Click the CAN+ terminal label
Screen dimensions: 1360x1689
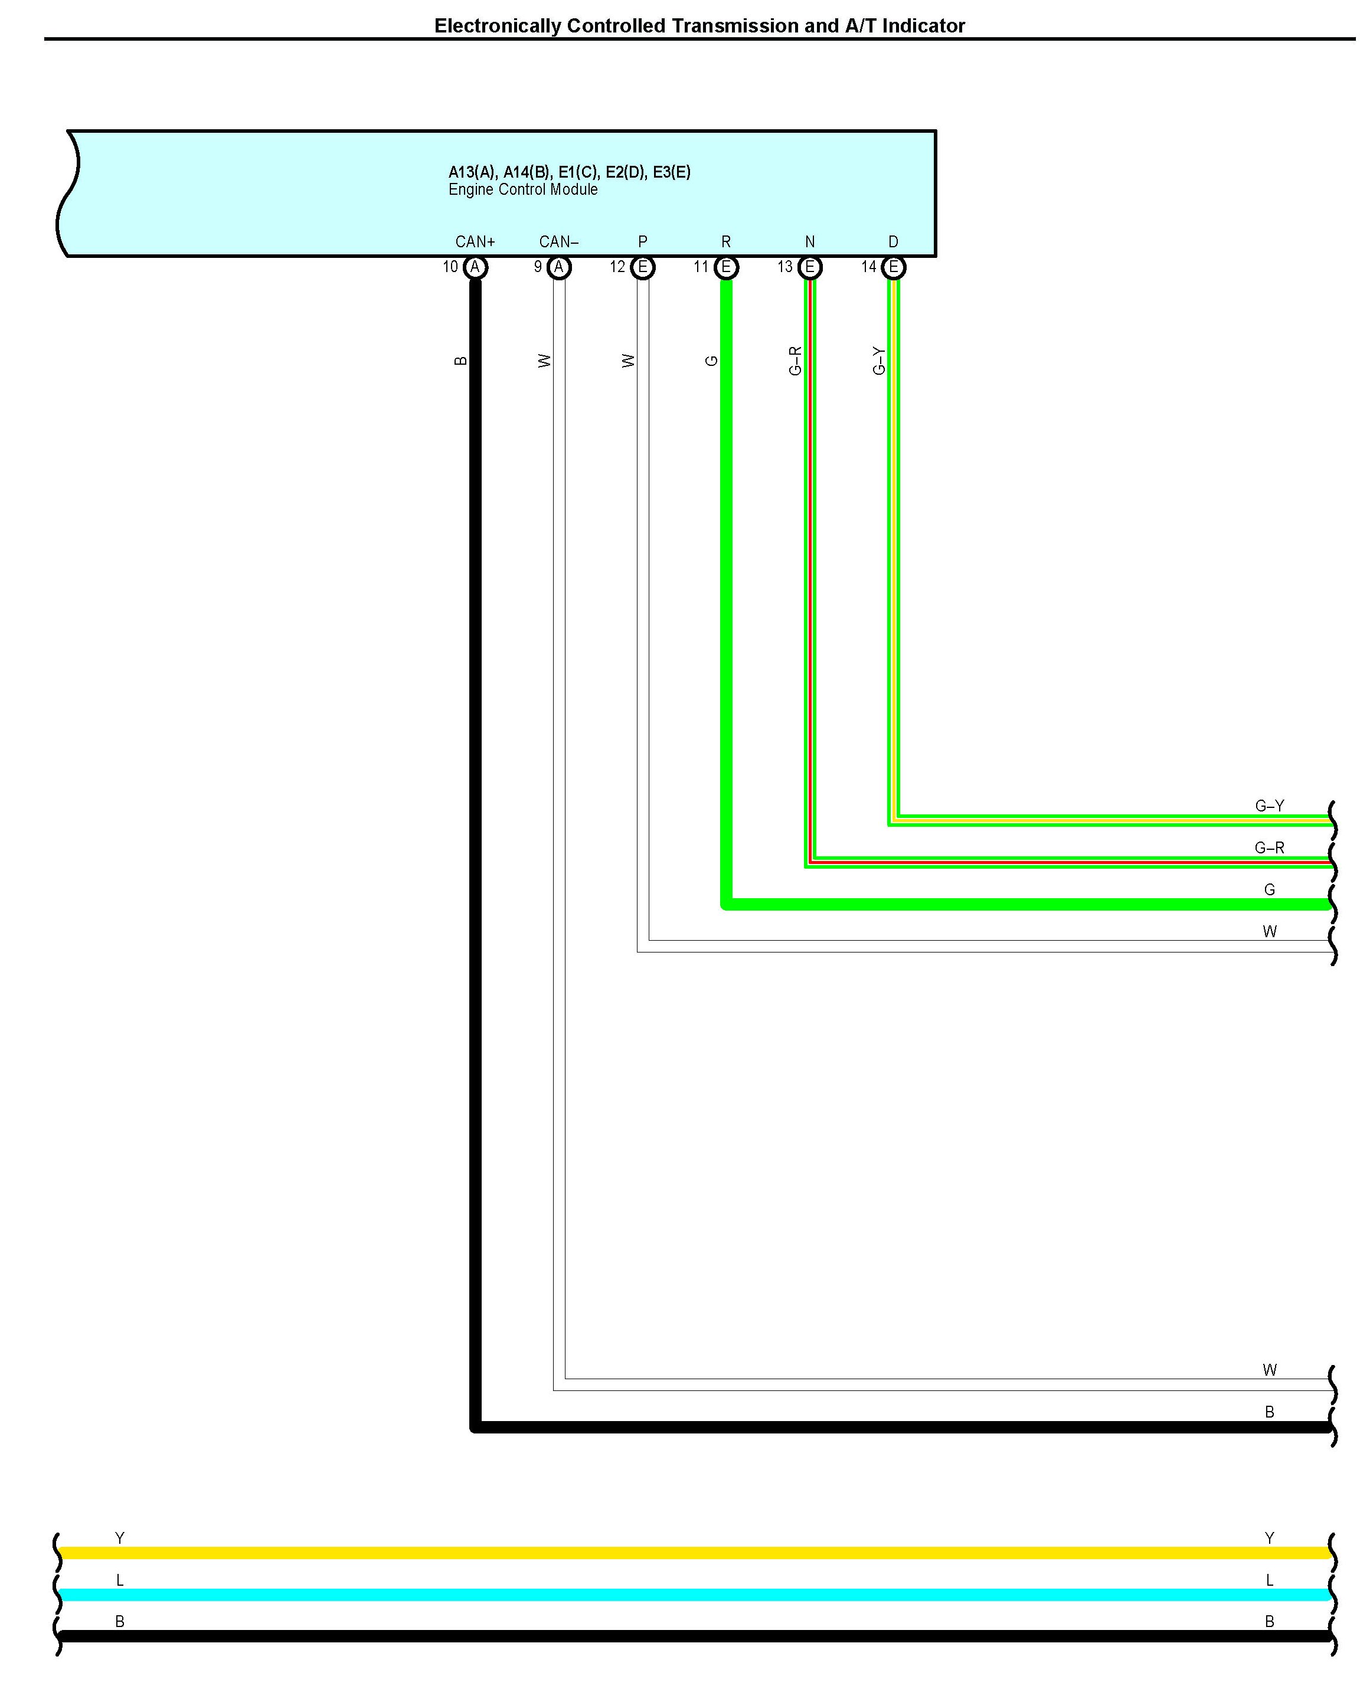(475, 242)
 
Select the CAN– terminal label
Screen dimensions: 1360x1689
(558, 242)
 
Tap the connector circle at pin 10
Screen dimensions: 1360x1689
(475, 268)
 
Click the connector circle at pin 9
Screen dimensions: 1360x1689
(558, 268)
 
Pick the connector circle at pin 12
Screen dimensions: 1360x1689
(642, 268)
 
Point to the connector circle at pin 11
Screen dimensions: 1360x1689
(726, 268)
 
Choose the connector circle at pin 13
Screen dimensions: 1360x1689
(810, 268)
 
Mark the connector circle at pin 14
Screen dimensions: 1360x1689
(893, 268)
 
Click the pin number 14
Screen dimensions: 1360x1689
(868, 267)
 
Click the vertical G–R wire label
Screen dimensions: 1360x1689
(795, 361)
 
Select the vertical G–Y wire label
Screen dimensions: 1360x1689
(879, 361)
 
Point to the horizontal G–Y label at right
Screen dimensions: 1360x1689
(1269, 806)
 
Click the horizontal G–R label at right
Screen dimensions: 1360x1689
(1269, 847)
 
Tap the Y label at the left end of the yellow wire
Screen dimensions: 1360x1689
(120, 1539)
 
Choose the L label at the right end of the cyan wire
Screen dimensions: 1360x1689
(1270, 1581)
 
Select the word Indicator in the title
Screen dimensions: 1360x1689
(924, 26)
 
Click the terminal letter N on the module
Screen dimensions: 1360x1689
(810, 242)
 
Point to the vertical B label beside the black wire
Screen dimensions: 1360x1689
(460, 361)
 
